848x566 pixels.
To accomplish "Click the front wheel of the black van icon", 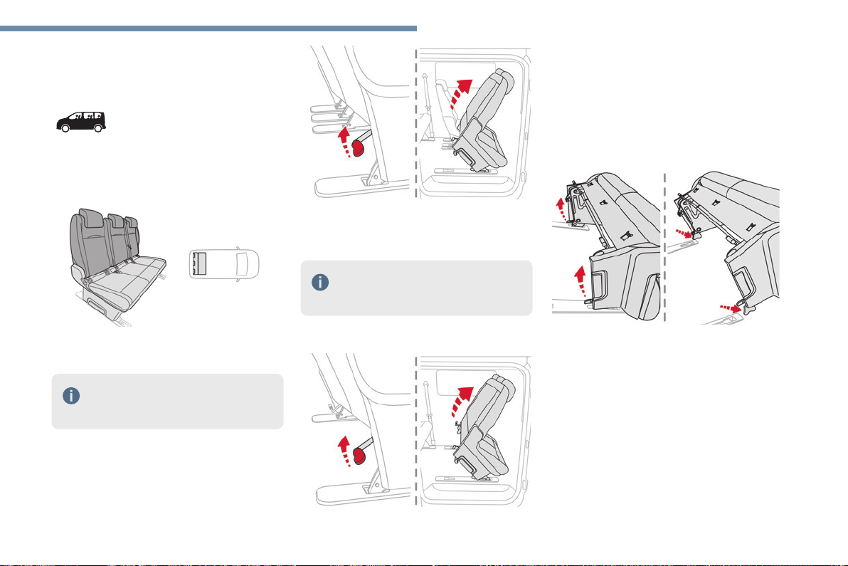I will point(98,128).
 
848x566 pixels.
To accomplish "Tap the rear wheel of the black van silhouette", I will point(65,128).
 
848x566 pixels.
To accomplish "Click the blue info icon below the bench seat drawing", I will point(71,397).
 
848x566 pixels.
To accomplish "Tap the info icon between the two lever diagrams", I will point(320,282).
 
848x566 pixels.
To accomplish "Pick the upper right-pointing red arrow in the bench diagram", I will point(684,232).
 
